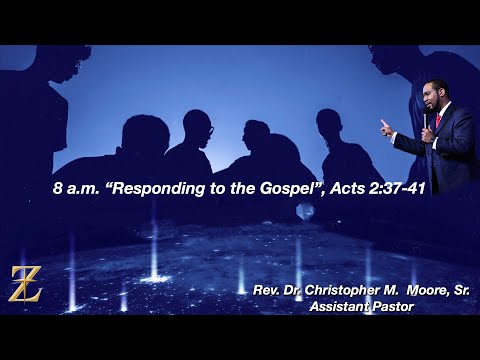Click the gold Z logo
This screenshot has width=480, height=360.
[x=25, y=285]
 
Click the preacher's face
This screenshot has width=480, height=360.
[x=436, y=96]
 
